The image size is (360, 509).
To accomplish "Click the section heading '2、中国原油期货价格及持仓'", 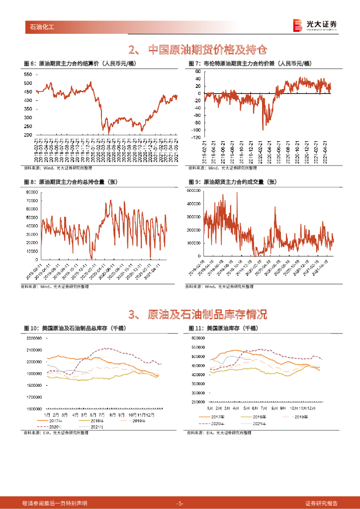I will (197, 50).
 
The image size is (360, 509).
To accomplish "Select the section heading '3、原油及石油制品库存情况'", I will (197, 314).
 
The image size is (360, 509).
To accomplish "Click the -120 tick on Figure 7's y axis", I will (195, 137).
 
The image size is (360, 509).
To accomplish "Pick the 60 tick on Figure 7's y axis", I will (197, 72).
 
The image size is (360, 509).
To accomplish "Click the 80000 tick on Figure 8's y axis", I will (32, 191).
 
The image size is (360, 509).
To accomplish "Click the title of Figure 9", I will (232, 182).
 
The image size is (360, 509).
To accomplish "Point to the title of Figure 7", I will (250, 64).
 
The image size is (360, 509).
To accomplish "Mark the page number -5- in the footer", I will (180, 503).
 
